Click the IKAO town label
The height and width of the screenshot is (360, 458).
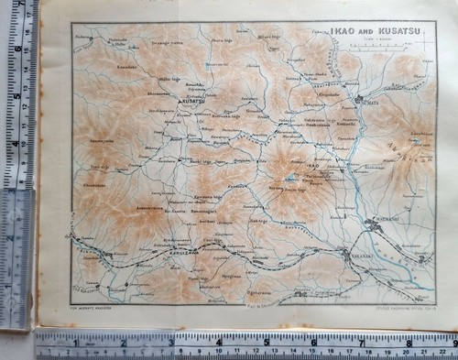pyautogui.click(x=305, y=165)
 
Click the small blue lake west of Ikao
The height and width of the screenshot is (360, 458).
pyautogui.click(x=291, y=178)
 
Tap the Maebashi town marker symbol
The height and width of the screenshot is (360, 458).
pyautogui.click(x=375, y=217)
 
